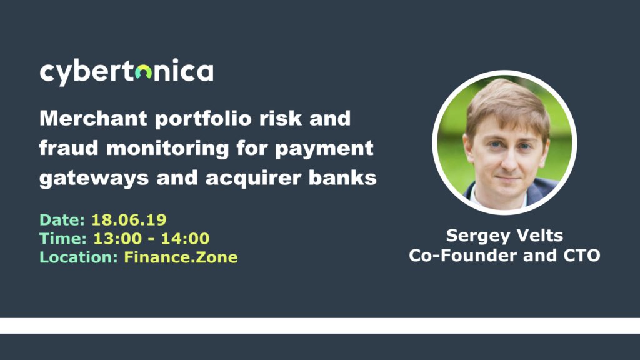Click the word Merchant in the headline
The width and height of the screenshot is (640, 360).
pyautogui.click(x=94, y=118)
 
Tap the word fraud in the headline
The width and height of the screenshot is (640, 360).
pyautogui.click(x=69, y=147)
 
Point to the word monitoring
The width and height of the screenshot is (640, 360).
pyautogui.click(x=167, y=149)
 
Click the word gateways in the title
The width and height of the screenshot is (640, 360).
pyautogui.click(x=94, y=179)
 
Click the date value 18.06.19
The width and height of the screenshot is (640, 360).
pyautogui.click(x=129, y=220)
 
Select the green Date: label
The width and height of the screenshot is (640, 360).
pyautogui.click(x=62, y=220)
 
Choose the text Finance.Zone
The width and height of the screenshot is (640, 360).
pyautogui.click(x=181, y=257)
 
